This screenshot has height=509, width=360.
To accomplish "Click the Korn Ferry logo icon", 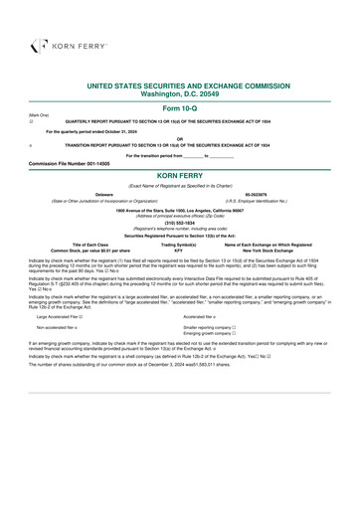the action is tap(38, 44).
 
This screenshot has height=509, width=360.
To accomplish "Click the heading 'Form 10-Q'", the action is tap(179, 106).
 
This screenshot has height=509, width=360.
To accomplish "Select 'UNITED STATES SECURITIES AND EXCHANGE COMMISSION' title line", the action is tap(179, 86).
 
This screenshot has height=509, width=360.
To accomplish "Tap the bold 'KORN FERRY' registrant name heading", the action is tap(179, 173).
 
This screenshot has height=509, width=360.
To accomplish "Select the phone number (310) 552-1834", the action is tap(179, 223).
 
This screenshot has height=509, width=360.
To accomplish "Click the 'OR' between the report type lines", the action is tap(179, 138).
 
